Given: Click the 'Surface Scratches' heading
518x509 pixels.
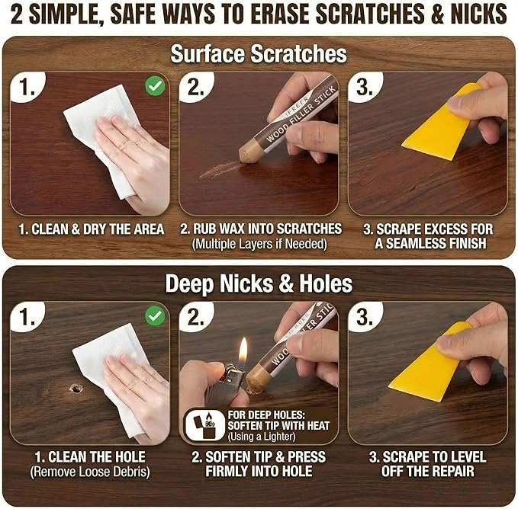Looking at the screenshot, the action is point(259,54).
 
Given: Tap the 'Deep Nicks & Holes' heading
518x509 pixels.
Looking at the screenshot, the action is point(259,284).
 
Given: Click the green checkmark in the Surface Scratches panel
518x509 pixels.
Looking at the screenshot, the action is point(156,86).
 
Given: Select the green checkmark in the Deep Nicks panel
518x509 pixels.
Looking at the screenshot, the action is point(156,316).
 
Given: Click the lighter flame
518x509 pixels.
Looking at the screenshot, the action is point(243,350).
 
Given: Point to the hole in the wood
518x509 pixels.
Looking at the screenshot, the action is point(76,389).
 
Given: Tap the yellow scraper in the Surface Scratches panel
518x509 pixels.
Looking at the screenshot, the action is point(440,123).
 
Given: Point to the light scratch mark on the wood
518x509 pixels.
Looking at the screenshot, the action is point(218,170).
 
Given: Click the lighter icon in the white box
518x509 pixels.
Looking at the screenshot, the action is point(204,425).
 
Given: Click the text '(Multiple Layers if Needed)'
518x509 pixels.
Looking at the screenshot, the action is point(259,245).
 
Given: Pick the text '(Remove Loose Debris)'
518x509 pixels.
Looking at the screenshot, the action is point(90,472).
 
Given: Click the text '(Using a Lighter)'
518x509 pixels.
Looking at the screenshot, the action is point(262,437).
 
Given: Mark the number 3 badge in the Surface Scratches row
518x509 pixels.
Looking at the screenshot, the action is point(365,87).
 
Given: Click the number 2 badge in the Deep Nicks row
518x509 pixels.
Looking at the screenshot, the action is point(195,317).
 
